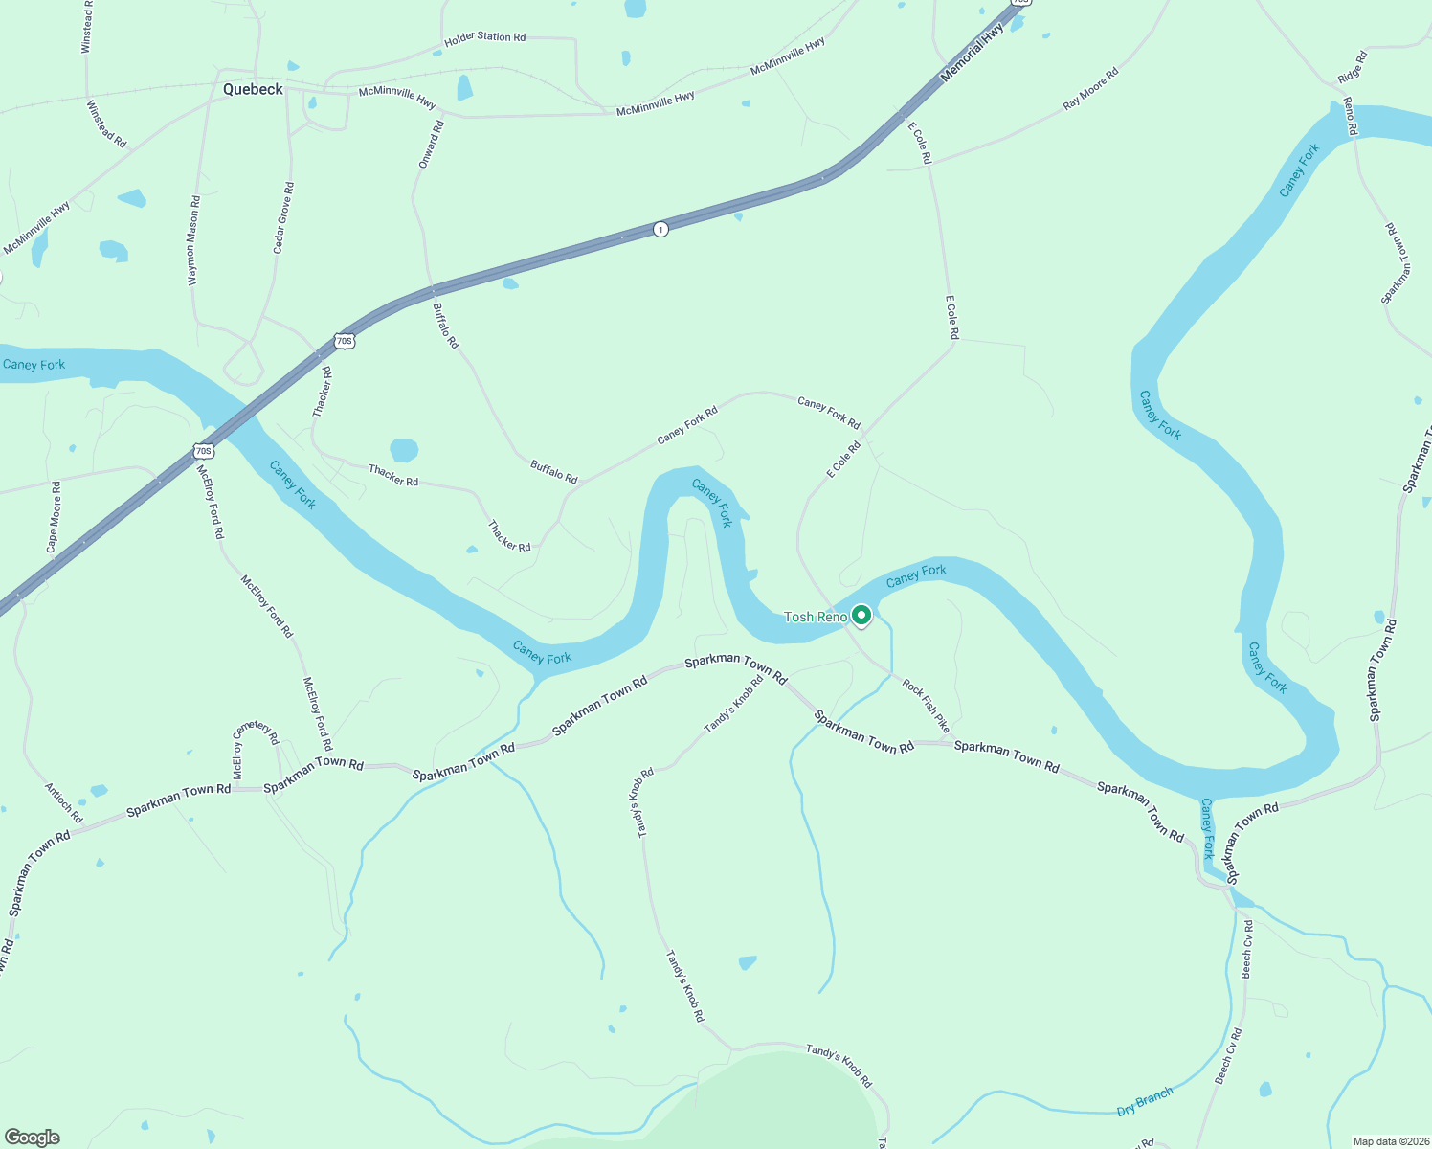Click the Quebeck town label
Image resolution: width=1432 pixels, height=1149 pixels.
pos(253,89)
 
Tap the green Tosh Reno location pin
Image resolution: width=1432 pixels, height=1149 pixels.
pos(861,616)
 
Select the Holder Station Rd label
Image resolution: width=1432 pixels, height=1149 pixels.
pos(484,38)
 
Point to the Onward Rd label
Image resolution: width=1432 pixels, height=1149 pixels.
pos(431,145)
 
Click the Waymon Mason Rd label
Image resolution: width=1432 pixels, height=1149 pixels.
pos(194,240)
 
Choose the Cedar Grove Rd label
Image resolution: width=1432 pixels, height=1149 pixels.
pos(283,217)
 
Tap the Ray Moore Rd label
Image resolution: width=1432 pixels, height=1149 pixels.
pos(1090,89)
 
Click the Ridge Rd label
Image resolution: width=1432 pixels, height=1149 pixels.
pos(1353,66)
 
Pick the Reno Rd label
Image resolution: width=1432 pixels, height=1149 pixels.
pos(1350,116)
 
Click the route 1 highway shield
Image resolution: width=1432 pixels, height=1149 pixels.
pos(660,229)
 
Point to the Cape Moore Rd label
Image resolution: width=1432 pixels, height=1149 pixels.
pos(54,517)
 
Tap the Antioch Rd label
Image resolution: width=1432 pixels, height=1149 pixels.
pos(64,803)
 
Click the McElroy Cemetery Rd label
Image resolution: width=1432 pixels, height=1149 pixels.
pos(255,748)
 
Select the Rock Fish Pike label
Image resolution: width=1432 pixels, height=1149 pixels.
pos(926,706)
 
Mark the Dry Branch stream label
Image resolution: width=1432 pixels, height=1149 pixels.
pos(1145,1102)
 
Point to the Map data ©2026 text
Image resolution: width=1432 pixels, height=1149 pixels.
pos(1390,1141)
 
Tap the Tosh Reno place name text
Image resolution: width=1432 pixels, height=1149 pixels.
pos(816,617)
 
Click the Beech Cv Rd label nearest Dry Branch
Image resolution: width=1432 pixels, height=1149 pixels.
pos(1228,1056)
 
